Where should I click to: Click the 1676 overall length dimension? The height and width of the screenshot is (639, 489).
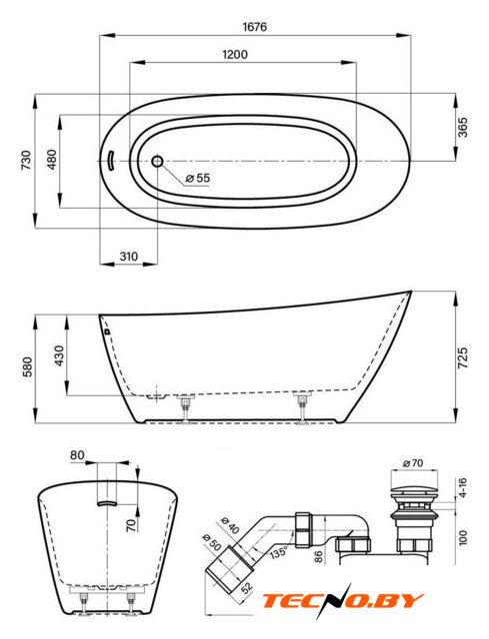[255, 27]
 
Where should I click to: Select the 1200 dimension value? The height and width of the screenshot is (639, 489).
[235, 54]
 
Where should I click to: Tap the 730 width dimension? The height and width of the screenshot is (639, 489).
[25, 161]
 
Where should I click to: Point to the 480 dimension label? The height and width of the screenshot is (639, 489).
[52, 160]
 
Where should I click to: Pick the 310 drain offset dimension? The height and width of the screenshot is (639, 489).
[129, 257]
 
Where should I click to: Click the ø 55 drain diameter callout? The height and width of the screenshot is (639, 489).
[198, 178]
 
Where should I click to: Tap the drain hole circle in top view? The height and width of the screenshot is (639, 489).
[157, 162]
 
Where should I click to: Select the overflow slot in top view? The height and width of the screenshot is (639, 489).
[110, 161]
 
